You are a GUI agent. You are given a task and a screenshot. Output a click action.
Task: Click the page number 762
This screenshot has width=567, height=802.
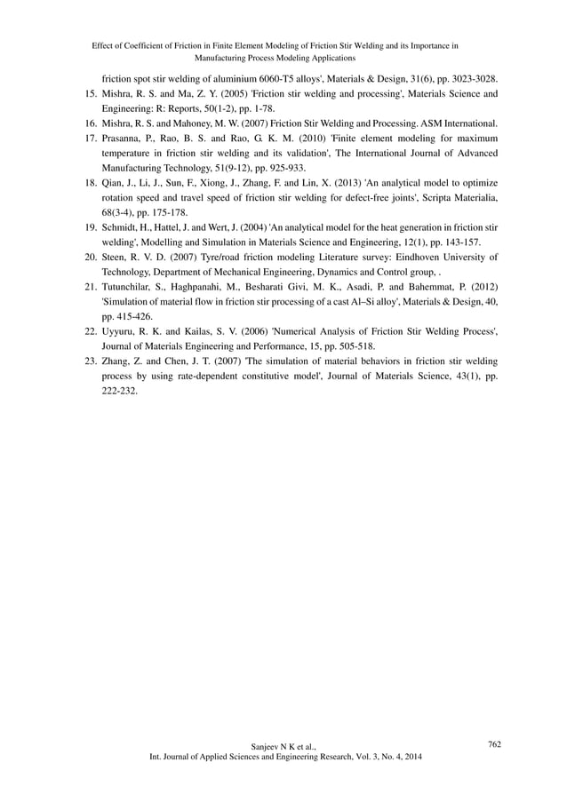pyautogui.click(x=494, y=744)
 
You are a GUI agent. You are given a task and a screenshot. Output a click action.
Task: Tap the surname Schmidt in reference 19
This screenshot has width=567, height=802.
pyautogui.click(x=122, y=227)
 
